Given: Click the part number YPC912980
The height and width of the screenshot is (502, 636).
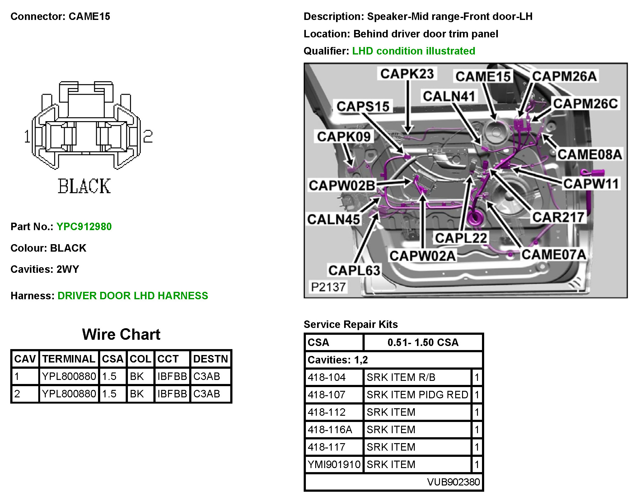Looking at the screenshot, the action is point(84,226).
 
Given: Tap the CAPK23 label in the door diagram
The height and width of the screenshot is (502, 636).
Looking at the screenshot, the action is point(407,74).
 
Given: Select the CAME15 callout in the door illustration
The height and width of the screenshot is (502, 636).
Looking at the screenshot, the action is point(483,76).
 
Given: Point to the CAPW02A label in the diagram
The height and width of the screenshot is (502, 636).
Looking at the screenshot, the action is point(422,256).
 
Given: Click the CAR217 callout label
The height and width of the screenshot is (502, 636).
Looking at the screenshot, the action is point(558,217).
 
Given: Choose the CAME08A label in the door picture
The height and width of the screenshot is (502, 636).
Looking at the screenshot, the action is point(589,154).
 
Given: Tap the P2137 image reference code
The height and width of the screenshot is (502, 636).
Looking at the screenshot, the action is point(328,287).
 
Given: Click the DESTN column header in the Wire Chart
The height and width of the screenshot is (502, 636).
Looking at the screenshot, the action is point(211,359).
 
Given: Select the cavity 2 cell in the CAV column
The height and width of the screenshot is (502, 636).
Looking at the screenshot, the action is point(17,394).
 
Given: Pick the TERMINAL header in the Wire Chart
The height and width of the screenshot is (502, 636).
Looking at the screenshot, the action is point(69,359).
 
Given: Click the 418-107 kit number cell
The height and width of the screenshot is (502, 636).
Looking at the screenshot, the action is point(327,395).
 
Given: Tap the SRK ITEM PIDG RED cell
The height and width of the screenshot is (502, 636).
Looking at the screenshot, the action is point(417,395).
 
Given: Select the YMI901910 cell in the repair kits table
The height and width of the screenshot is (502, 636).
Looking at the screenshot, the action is point(334,464).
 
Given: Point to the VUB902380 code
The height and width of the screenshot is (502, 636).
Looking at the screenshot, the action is point(453,482).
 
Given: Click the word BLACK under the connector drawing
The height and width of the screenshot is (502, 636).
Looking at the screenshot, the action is point(84,186).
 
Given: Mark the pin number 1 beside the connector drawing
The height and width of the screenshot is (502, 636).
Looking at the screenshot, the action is point(27,136).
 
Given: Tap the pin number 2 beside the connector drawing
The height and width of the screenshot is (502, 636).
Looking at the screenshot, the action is point(148,136).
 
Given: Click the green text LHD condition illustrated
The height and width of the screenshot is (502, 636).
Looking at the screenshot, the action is point(414,51).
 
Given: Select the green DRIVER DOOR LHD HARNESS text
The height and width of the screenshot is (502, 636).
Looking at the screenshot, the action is point(133,296).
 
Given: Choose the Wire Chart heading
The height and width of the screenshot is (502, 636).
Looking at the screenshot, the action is point(121,334).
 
